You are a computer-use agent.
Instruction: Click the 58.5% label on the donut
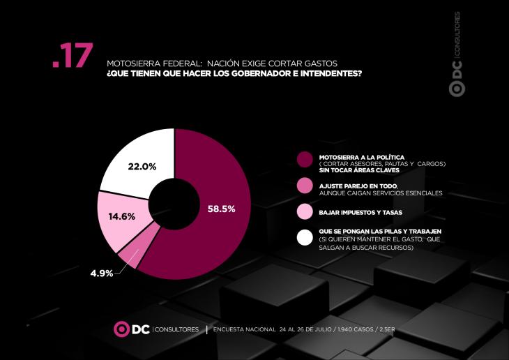tap(222, 209)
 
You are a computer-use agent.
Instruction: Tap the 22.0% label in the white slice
tap(142, 167)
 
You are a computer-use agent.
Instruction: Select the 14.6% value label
tap(122, 216)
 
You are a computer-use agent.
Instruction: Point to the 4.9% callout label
tap(102, 273)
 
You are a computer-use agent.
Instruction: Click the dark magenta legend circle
tap(305, 160)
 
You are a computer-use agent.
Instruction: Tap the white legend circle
tap(305, 237)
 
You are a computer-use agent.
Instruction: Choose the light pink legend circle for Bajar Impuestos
tap(305, 211)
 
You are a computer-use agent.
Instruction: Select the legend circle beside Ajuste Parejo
tap(305, 186)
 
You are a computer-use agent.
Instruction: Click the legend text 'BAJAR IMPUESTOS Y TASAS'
tap(360, 213)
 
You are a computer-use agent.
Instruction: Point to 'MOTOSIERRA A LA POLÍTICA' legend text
tap(362, 158)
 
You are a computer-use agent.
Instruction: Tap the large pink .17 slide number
tap(73, 55)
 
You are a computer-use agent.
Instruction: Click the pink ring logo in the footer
tap(121, 329)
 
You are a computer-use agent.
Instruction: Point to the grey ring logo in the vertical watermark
tap(457, 89)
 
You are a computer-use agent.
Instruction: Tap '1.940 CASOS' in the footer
tap(356, 329)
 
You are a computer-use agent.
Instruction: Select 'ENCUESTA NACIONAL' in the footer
tap(245, 329)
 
